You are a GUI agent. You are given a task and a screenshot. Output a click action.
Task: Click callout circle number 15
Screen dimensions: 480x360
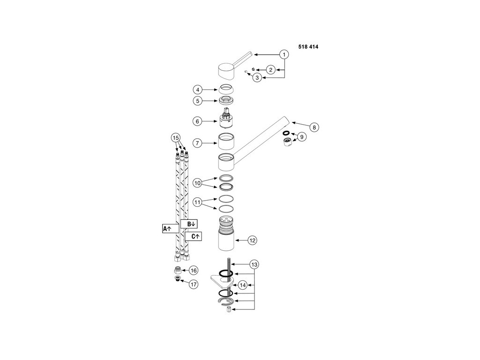coord(175,138)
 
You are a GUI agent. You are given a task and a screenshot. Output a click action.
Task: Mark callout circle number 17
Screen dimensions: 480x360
coord(194,284)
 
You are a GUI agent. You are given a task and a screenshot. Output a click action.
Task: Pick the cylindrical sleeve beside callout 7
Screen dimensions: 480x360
coord(226,141)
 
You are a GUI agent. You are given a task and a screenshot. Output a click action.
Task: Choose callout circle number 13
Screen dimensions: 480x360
coord(254,264)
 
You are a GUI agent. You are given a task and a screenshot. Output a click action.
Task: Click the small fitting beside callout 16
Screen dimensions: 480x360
coord(178,270)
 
